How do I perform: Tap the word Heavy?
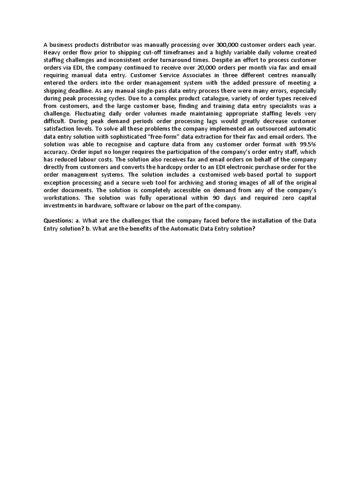tap(52, 52)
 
